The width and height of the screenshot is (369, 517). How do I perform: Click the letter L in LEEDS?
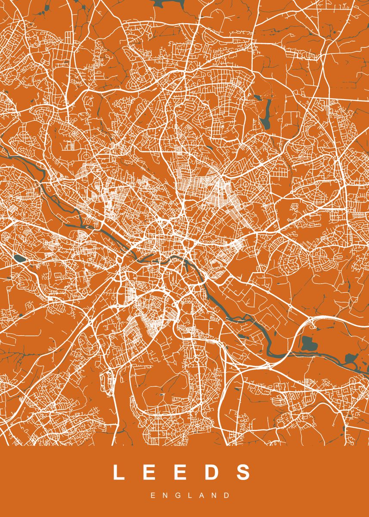119,472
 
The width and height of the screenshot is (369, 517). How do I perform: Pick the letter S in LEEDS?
243,472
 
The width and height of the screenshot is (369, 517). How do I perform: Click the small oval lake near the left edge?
19,258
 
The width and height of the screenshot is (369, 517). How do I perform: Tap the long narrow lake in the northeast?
267,114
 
